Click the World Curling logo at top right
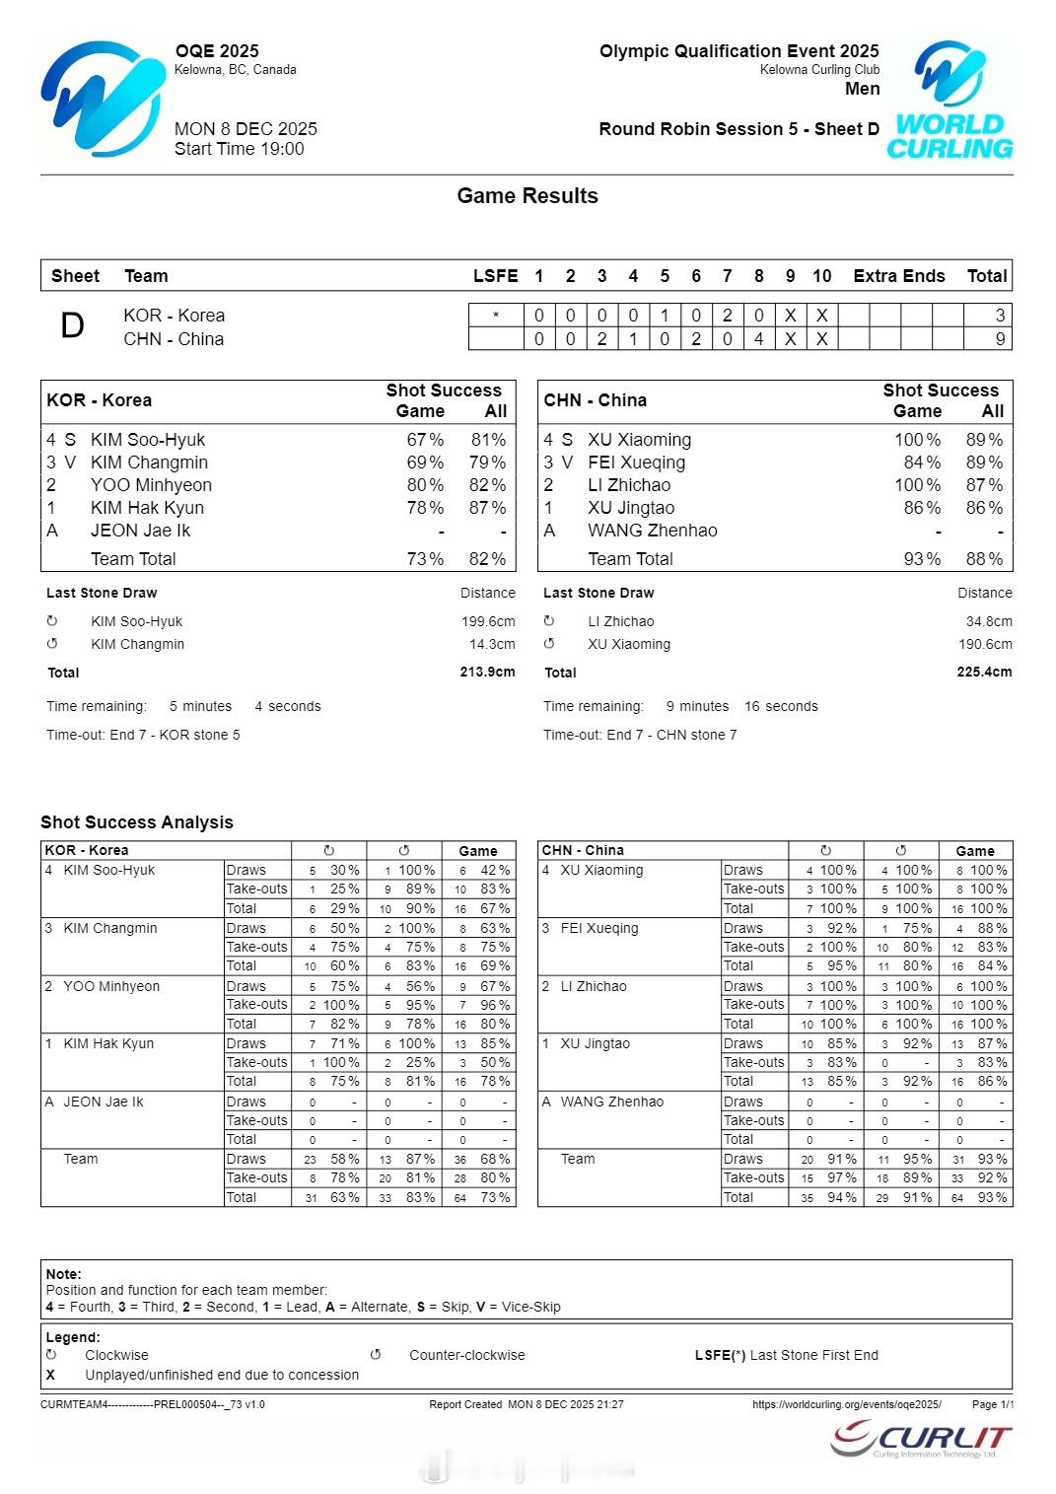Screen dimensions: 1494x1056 point(950,101)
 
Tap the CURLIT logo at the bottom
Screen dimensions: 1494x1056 point(921,1439)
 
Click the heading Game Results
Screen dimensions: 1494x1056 point(528,196)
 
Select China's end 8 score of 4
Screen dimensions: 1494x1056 point(758,339)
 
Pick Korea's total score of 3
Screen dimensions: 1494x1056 point(1000,316)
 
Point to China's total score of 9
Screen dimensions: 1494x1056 point(1000,339)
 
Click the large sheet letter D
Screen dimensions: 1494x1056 point(72,326)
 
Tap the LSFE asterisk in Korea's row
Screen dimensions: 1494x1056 point(495,316)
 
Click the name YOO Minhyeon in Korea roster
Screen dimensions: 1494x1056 point(151,485)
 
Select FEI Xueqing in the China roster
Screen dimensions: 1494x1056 point(636,462)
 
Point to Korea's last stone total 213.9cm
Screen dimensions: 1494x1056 point(487,673)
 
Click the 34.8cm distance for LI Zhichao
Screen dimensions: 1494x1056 point(989,621)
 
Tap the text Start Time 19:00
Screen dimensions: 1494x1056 point(240,149)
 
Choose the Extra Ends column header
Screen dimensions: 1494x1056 point(898,276)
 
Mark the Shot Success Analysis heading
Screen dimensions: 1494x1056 point(137,822)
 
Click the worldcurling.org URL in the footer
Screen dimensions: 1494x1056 point(846,1404)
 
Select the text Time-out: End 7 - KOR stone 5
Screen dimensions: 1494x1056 point(143,735)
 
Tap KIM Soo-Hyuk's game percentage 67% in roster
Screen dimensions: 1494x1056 point(425,440)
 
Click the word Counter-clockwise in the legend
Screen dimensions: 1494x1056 point(467,1355)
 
